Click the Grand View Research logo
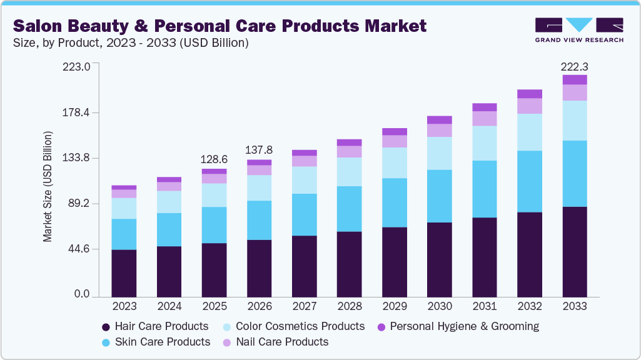579,29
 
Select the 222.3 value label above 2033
575,66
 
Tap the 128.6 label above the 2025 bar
215,159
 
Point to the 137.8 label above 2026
260,150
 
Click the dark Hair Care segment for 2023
124,273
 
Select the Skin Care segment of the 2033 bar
575,174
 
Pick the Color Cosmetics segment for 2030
439,153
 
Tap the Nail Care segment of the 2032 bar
530,106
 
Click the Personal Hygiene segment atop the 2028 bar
349,142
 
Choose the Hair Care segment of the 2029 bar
394,262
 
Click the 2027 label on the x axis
304,307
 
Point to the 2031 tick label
484,307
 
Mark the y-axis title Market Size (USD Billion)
48,187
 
